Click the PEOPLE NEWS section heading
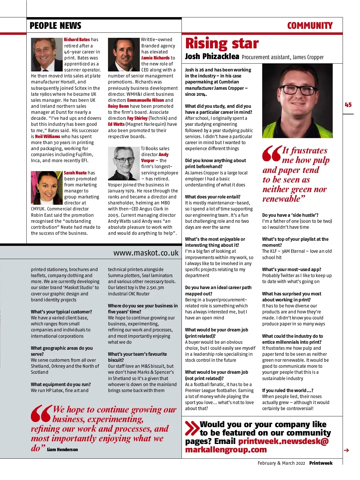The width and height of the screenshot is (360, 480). tap(55, 26)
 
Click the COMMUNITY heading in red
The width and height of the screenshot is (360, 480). tap(310, 26)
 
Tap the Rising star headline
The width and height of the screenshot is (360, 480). tap(222, 44)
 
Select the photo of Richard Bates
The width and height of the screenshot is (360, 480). tap(47, 54)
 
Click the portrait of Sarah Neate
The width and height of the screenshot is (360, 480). tap(47, 188)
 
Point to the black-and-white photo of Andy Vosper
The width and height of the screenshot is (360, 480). tap(124, 163)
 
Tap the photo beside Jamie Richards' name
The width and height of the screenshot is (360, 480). tap(124, 54)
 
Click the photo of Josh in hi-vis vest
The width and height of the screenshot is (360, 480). tap(297, 101)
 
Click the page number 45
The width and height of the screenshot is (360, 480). tap(348, 105)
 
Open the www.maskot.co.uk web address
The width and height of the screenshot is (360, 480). tap(146, 253)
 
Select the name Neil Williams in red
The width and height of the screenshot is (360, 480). tap(47, 136)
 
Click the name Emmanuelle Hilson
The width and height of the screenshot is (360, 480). tap(145, 100)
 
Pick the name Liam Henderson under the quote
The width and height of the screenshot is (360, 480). tap(62, 449)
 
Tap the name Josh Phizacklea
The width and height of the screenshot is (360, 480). tap(212, 56)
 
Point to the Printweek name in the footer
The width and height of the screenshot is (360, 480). tap(321, 463)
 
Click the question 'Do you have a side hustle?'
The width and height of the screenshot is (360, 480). tap(290, 215)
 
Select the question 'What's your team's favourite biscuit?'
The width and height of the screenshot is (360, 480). tap(137, 357)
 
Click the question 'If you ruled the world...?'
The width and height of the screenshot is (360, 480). tap(287, 390)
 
